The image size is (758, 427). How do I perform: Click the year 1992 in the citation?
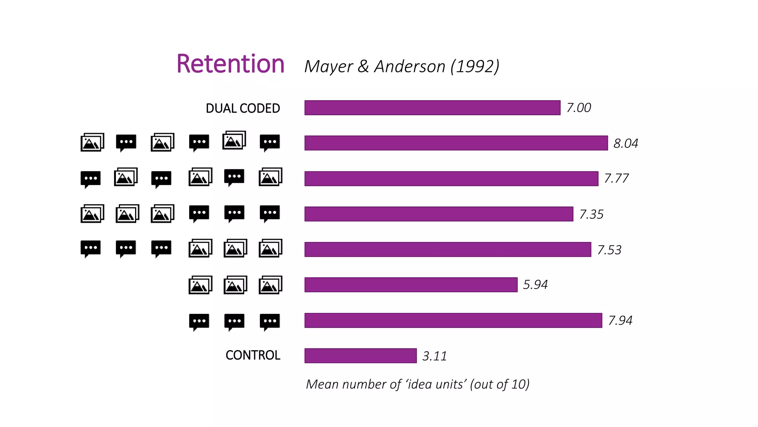pyautogui.click(x=475, y=67)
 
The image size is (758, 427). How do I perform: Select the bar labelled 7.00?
pyautogui.click(x=432, y=108)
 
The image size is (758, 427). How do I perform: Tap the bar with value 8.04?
pyautogui.click(x=456, y=143)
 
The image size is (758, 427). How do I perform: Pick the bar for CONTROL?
pyautogui.click(x=360, y=356)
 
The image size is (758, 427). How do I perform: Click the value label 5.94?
pyautogui.click(x=535, y=285)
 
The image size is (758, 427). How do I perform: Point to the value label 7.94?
pyautogui.click(x=620, y=320)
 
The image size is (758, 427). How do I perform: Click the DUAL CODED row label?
pyautogui.click(x=243, y=108)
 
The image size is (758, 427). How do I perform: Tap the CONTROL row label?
pyautogui.click(x=253, y=355)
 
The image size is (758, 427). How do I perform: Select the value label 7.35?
pyautogui.click(x=591, y=214)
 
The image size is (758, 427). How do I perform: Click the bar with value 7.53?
pyautogui.click(x=447, y=249)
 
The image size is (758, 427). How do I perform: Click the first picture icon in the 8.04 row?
pyautogui.click(x=92, y=142)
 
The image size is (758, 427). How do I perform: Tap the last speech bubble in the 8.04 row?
pyautogui.click(x=270, y=142)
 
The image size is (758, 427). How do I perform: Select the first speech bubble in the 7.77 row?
pyautogui.click(x=91, y=179)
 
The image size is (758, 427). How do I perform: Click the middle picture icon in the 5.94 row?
pyautogui.click(x=235, y=285)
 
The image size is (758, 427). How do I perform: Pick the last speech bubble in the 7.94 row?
pyautogui.click(x=270, y=321)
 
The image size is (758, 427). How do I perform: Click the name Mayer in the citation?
pyautogui.click(x=328, y=67)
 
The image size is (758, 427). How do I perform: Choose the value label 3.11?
pyautogui.click(x=434, y=356)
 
